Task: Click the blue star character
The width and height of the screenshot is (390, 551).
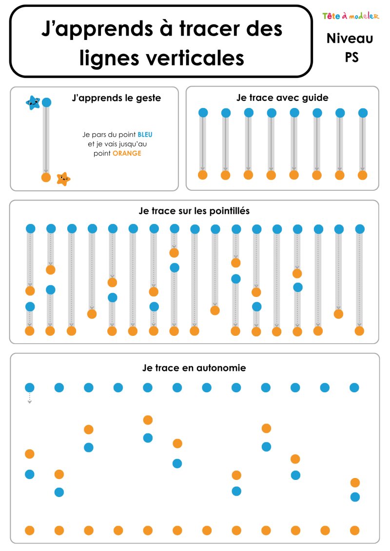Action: pyautogui.click(x=33, y=103)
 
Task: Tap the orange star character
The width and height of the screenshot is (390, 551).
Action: pyautogui.click(x=63, y=179)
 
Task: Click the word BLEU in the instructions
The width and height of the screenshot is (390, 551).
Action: pyautogui.click(x=145, y=135)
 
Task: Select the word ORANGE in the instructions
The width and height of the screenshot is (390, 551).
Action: pyautogui.click(x=127, y=153)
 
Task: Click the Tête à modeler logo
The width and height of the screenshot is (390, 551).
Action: pyautogui.click(x=351, y=16)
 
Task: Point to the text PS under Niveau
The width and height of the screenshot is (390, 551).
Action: pyautogui.click(x=351, y=57)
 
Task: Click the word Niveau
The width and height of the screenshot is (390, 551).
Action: pyautogui.click(x=350, y=38)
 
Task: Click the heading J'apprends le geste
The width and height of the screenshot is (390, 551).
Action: pyautogui.click(x=117, y=98)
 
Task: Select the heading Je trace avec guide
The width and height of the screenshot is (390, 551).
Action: pyautogui.click(x=282, y=98)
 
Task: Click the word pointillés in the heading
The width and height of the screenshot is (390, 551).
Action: pyautogui.click(x=230, y=211)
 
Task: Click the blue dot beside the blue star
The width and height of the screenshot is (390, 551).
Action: pyautogui.click(x=46, y=102)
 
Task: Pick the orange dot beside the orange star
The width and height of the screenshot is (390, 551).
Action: pyautogui.click(x=46, y=178)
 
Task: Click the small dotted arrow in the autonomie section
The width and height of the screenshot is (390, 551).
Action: pyautogui.click(x=30, y=398)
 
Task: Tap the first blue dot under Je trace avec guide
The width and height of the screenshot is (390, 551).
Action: pyautogui.click(x=203, y=112)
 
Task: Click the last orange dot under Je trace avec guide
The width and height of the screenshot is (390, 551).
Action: pyautogui.click(x=363, y=175)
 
